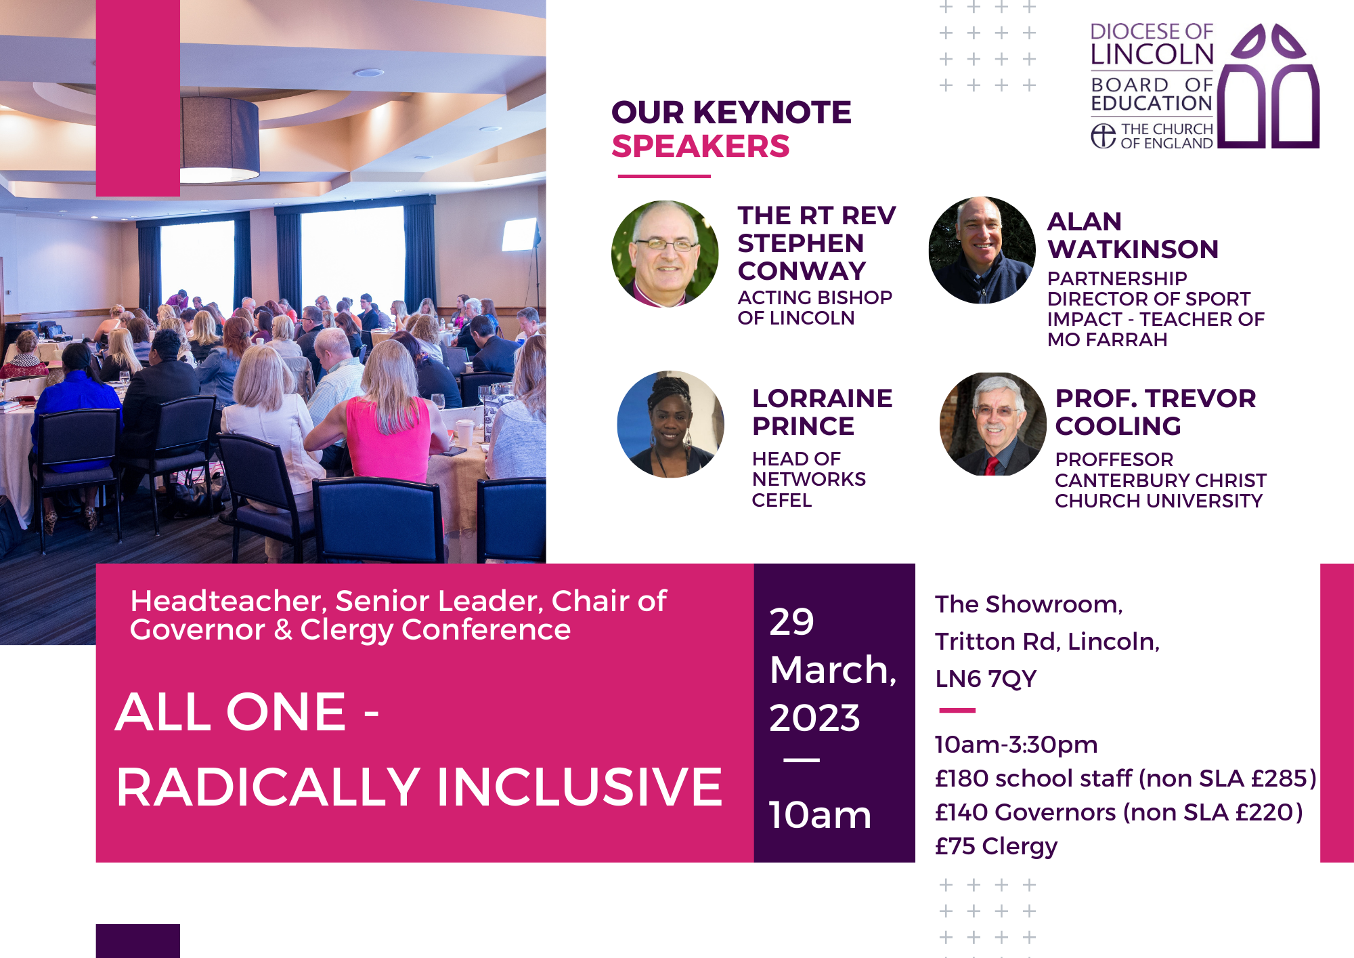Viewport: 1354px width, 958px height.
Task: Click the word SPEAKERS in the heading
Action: point(701,146)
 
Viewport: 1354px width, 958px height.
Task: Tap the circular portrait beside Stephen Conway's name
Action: point(665,254)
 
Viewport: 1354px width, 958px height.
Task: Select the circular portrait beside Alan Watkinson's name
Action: point(982,250)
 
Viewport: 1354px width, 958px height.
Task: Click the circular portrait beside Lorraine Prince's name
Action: point(670,424)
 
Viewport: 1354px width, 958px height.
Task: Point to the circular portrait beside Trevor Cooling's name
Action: point(992,424)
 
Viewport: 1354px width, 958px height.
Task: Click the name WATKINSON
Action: point(1133,249)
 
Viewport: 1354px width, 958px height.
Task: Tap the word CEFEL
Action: point(781,500)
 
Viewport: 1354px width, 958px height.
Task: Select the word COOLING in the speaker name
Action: point(1118,426)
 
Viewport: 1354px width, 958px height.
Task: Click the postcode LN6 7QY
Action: point(986,678)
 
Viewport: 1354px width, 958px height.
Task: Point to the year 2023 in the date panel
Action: point(814,717)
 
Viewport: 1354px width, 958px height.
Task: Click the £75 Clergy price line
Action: point(996,846)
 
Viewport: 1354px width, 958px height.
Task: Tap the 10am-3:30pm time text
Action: point(1016,745)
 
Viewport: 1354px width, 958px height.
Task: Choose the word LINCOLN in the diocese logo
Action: point(1152,54)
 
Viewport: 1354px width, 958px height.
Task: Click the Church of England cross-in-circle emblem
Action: point(1104,136)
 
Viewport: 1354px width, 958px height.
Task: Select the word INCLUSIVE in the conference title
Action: point(580,787)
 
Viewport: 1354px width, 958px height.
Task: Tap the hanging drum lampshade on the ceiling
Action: point(219,140)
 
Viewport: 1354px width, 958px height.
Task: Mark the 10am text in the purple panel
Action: point(820,814)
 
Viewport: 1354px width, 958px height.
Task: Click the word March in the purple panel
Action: point(833,670)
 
